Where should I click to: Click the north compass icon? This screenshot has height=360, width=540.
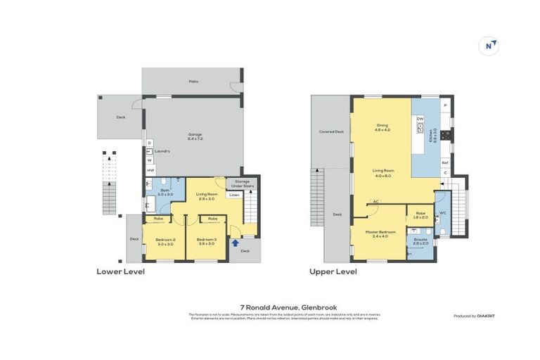pyautogui.click(x=490, y=46)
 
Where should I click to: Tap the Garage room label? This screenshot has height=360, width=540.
pyautogui.click(x=195, y=136)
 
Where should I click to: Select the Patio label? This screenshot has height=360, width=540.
pyautogui.click(x=193, y=82)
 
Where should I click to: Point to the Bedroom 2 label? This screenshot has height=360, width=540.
pyautogui.click(x=165, y=241)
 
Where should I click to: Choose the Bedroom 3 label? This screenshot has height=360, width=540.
pyautogui.click(x=206, y=241)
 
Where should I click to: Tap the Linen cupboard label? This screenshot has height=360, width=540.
pyautogui.click(x=234, y=195)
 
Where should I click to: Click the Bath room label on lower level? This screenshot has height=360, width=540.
pyautogui.click(x=165, y=192)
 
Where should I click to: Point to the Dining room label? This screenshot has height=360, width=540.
pyautogui.click(x=382, y=128)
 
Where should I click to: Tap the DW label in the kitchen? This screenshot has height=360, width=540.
pyautogui.click(x=420, y=119)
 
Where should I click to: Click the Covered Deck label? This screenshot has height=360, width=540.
pyautogui.click(x=330, y=131)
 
